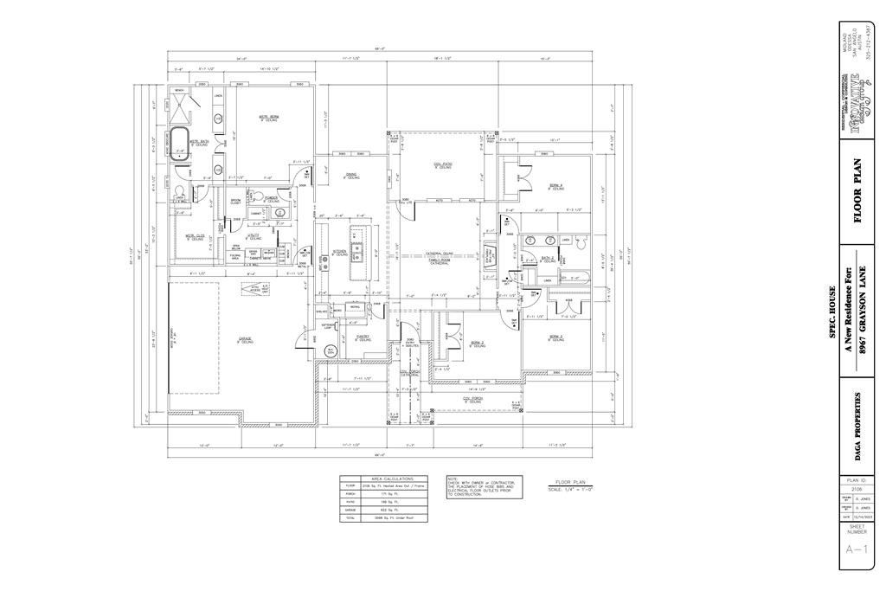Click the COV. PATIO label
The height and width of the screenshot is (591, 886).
coord(443,164)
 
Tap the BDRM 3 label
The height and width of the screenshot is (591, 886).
coord(555,336)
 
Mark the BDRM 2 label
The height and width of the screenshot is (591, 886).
coord(477,343)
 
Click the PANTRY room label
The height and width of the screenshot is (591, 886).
coord(363,337)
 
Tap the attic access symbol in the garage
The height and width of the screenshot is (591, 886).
coord(254,290)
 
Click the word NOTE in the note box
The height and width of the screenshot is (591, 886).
coord(453,478)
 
